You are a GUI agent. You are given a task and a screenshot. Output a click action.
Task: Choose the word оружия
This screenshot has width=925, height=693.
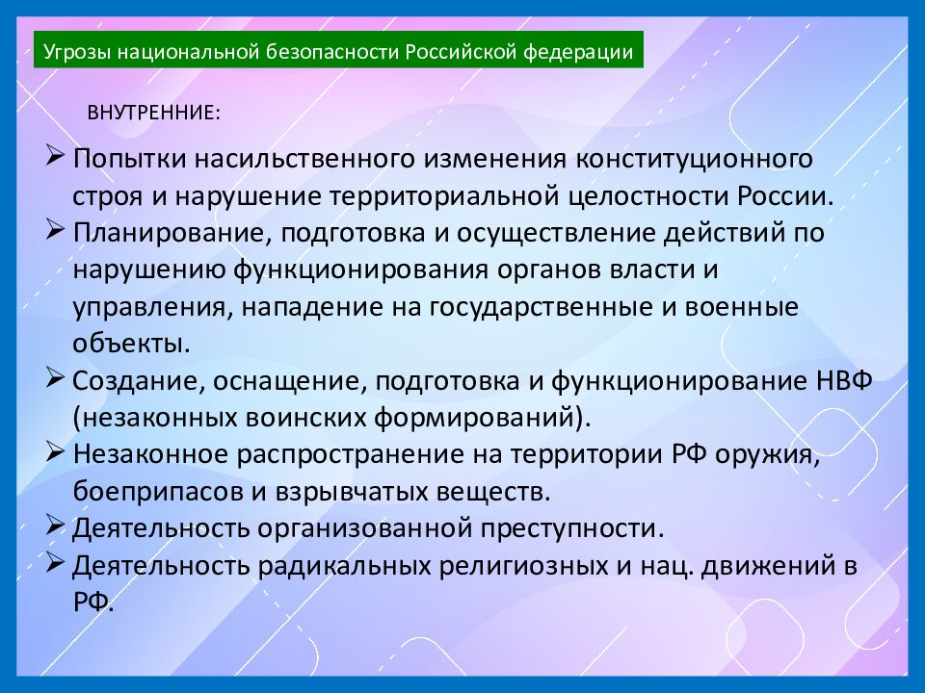[x=780, y=454]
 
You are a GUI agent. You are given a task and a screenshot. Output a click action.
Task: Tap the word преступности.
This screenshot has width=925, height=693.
[x=568, y=528]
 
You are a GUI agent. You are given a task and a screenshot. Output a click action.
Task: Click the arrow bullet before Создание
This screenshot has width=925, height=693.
[x=55, y=379]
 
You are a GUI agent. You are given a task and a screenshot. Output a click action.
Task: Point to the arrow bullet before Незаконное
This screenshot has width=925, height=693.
[x=55, y=453]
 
